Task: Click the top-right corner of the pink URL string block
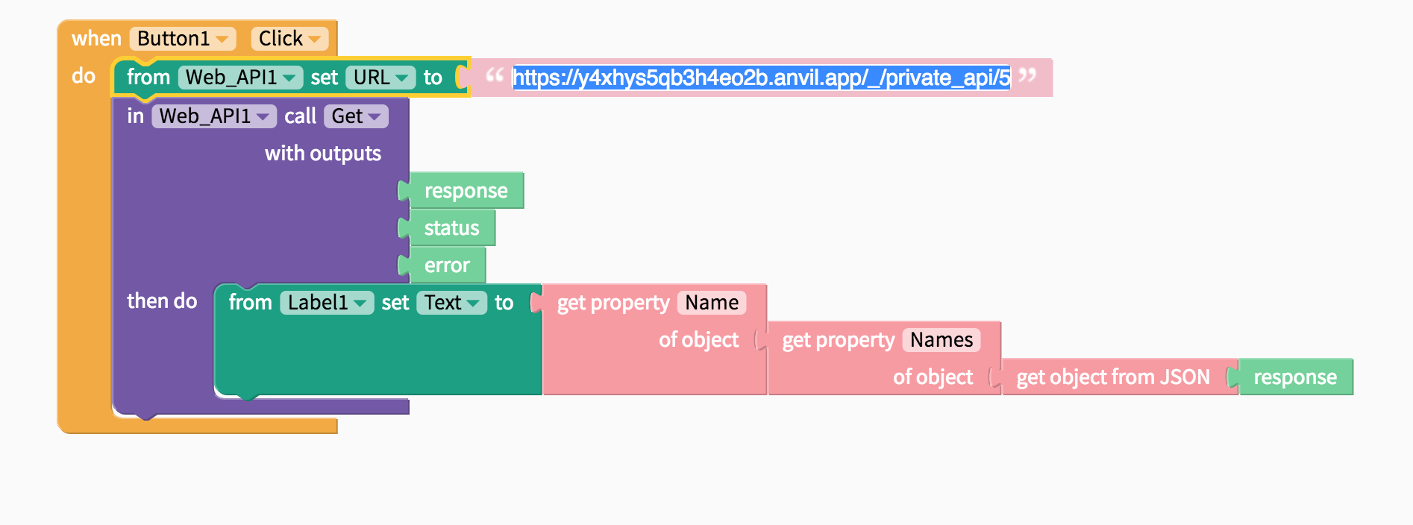pos(1053,59)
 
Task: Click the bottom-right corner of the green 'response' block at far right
pos(1353,394)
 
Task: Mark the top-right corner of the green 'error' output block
pos(486,248)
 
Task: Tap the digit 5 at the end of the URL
pos(1005,78)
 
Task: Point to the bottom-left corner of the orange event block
pos(57,433)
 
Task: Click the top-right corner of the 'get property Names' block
pos(1000,321)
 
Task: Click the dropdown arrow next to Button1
pos(222,39)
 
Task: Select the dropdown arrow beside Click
pos(314,39)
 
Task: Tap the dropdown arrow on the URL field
pos(401,78)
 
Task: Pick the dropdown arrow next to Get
pos(374,116)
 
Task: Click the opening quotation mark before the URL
pos(494,75)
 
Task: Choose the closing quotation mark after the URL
pos(1027,75)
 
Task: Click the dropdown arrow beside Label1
pos(360,303)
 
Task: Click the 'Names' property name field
pos(942,340)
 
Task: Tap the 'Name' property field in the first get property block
pos(712,303)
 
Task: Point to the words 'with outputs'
pos(323,154)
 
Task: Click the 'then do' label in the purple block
pos(162,301)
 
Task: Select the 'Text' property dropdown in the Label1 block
pos(451,303)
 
